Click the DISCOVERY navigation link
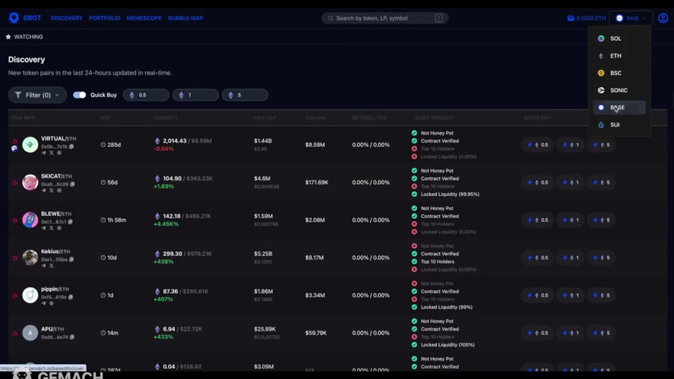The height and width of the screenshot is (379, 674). tap(66, 18)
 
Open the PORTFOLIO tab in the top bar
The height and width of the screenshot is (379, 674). tap(104, 18)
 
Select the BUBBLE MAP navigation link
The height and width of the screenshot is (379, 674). tap(185, 18)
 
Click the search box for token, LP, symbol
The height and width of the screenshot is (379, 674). tap(384, 18)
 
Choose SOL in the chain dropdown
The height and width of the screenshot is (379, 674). tap(615, 38)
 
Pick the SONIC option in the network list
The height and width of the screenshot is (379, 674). tap(618, 90)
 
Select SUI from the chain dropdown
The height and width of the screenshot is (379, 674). tap(614, 125)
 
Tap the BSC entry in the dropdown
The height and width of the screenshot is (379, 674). tap(615, 73)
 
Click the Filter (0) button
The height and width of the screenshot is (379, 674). tap(37, 95)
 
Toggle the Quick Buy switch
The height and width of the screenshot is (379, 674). tap(80, 95)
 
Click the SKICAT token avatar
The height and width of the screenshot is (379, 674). tap(30, 182)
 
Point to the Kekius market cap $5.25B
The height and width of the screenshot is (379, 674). tap(263, 254)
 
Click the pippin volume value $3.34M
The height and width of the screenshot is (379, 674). tap(315, 295)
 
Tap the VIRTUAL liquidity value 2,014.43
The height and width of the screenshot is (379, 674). tap(174, 141)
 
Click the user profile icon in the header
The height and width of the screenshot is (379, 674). tap(663, 18)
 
